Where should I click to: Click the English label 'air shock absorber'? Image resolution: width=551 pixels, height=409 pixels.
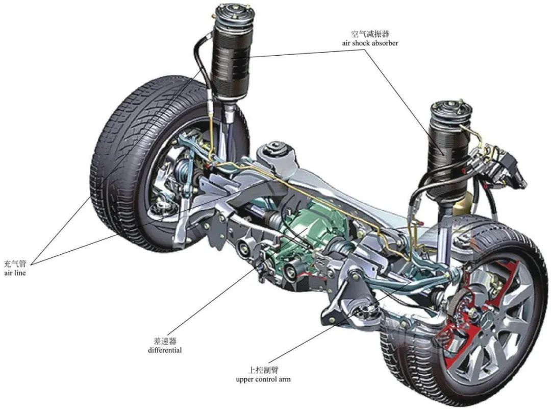(x=370, y=43)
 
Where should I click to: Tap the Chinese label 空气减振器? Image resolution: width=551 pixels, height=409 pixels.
(x=370, y=34)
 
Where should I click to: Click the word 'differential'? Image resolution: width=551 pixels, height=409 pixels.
(x=165, y=350)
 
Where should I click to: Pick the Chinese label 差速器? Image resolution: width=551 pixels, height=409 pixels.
(x=165, y=341)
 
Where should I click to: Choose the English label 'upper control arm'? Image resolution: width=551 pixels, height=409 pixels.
(x=263, y=379)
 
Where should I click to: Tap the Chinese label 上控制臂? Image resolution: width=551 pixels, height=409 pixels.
(x=263, y=370)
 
